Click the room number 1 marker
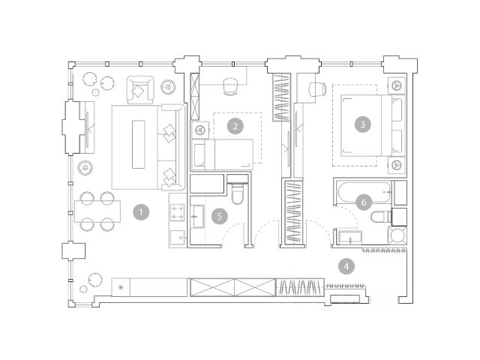point(141,212)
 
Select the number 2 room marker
point(235,126)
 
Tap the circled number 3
point(362,124)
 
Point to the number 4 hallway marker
point(346,266)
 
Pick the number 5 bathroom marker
point(219,217)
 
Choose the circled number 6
point(364,202)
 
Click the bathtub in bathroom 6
point(364,192)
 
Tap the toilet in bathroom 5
point(238,190)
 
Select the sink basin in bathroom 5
point(197,217)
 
